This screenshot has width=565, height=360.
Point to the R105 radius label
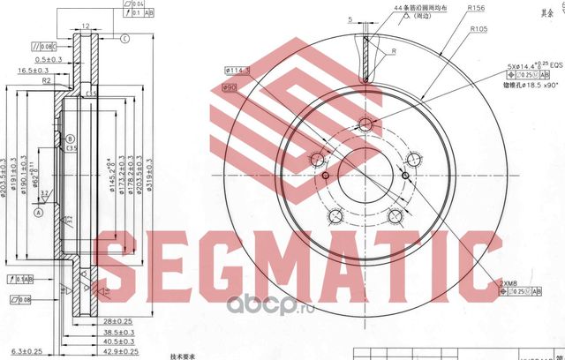tap(479, 29)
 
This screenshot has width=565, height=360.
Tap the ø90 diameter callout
tap(230, 87)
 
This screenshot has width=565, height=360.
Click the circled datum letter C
tap(124, 37)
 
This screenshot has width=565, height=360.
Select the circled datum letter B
tap(70, 139)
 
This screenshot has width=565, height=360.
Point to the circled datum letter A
tap(38, 212)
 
